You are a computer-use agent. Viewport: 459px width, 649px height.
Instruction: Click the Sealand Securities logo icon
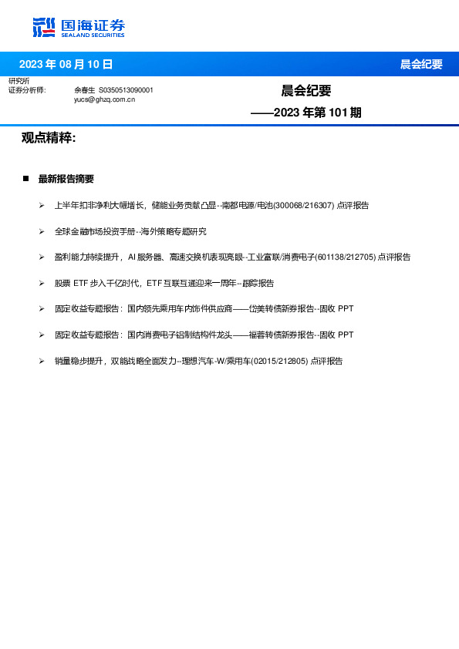pyautogui.click(x=45, y=28)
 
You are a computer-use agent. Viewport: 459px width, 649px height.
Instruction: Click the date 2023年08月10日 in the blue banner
pyautogui.click(x=66, y=65)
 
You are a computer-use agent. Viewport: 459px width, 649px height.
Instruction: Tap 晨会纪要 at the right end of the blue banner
pyautogui.click(x=421, y=65)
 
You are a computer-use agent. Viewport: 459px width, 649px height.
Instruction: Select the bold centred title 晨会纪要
pyautogui.click(x=306, y=91)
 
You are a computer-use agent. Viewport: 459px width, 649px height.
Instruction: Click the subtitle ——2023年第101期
pyautogui.click(x=306, y=113)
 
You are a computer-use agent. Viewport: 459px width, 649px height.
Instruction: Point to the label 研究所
pyautogui.click(x=19, y=81)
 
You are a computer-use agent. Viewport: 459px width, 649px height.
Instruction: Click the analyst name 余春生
pyautogui.click(x=84, y=90)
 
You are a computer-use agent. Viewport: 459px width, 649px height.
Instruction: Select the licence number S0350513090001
pyautogui.click(x=126, y=90)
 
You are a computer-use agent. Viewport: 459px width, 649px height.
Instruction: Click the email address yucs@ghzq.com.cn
pyautogui.click(x=104, y=99)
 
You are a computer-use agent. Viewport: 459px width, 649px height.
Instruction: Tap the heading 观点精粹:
pyautogui.click(x=49, y=138)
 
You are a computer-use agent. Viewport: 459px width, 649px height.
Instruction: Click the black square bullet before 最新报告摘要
pyautogui.click(x=25, y=179)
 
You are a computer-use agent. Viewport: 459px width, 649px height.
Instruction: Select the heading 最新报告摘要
pyautogui.click(x=66, y=179)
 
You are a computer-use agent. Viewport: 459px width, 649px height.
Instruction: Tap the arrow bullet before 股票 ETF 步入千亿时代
pyautogui.click(x=42, y=283)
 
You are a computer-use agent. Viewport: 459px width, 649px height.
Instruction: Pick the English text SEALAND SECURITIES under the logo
pyautogui.click(x=93, y=34)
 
